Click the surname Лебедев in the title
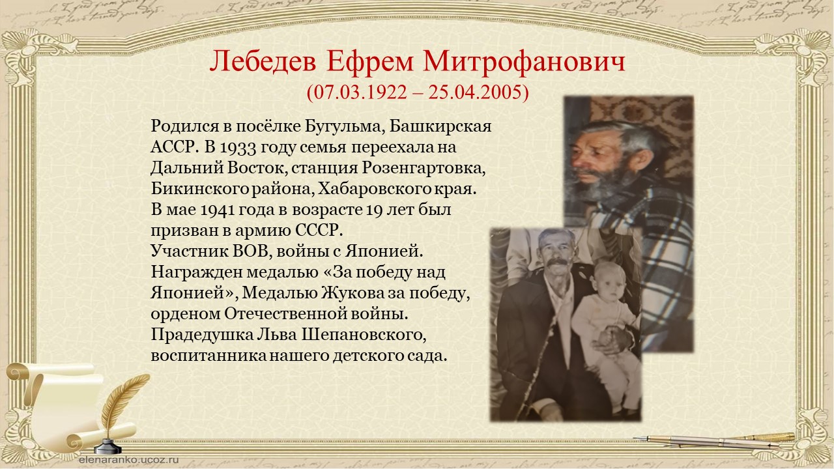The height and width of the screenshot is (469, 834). click(x=263, y=62)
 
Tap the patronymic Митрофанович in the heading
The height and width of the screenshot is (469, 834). click(x=524, y=62)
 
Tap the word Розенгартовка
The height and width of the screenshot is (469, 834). click(x=424, y=168)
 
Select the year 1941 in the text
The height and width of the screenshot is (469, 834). click(x=217, y=210)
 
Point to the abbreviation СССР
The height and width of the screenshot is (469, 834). click(x=319, y=231)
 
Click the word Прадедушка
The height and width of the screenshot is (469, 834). click(x=202, y=335)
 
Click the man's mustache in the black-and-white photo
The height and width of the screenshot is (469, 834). click(x=557, y=263)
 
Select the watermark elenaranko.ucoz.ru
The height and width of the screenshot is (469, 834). click(x=129, y=459)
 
